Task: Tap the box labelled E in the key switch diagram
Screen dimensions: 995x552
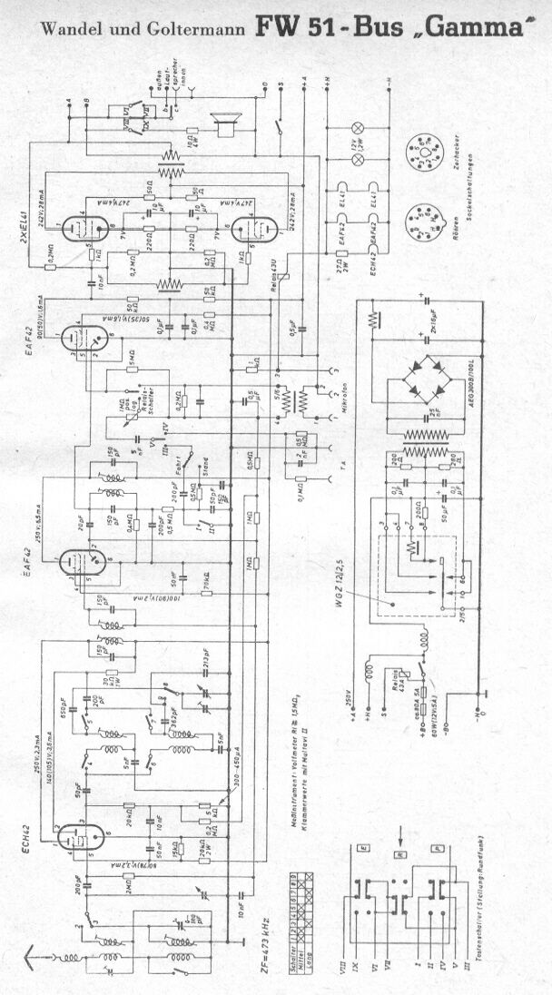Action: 363,848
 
